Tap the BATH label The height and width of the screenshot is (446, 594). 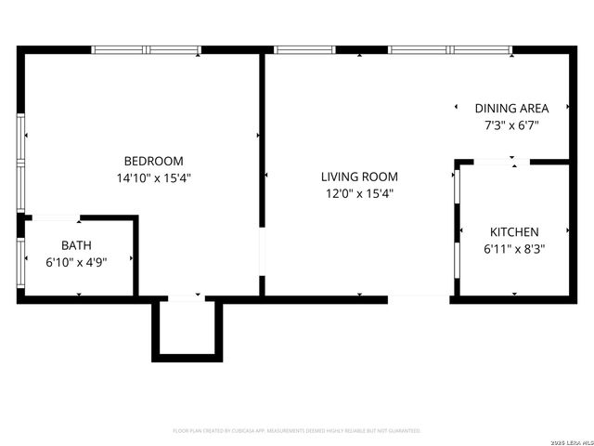[76, 245]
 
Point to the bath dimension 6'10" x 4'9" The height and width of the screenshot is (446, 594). [76, 262]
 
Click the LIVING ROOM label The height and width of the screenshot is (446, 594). [359, 177]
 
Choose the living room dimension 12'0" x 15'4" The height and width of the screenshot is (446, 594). [359, 193]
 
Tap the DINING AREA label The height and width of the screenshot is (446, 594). [511, 108]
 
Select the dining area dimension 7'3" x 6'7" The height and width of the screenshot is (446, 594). [511, 125]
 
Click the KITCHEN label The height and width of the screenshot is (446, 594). [513, 231]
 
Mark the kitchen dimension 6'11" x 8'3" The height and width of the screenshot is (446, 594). [513, 248]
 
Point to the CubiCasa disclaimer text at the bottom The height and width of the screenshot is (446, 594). [297, 431]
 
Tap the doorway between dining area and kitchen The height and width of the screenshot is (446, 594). [501, 163]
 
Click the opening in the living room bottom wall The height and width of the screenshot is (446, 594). [419, 298]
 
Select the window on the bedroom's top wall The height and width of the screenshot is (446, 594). [147, 50]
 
